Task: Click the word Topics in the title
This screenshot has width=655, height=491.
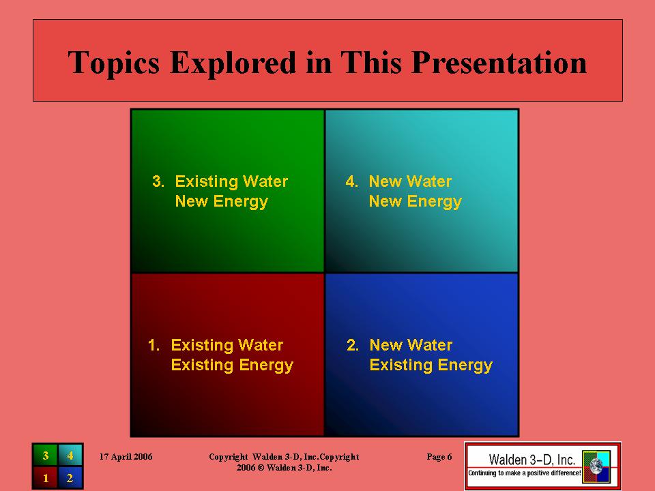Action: pos(114,63)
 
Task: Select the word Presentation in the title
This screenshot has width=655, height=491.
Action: pos(499,63)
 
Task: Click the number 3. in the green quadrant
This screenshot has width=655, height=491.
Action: pos(158,181)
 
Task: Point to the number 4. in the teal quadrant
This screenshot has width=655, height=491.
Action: pos(352,181)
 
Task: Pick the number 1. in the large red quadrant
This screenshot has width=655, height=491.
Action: pos(154,345)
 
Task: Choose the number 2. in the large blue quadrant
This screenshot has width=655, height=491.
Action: pos(353,345)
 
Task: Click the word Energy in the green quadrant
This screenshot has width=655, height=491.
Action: pos(241,202)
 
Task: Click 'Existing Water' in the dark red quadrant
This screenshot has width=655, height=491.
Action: pos(227,345)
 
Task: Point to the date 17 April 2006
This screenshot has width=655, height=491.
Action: pos(126,457)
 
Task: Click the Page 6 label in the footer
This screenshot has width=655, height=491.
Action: pos(439,457)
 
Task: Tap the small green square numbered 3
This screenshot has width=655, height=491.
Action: pos(46,456)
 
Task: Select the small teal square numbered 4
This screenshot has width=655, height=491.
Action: pos(70,456)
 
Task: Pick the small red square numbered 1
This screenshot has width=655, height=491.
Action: pos(46,477)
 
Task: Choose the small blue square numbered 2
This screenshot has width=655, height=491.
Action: pos(70,477)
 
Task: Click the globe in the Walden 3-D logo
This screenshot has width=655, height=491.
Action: pos(596,466)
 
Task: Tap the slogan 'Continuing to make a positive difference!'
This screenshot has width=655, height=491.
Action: pos(524,473)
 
